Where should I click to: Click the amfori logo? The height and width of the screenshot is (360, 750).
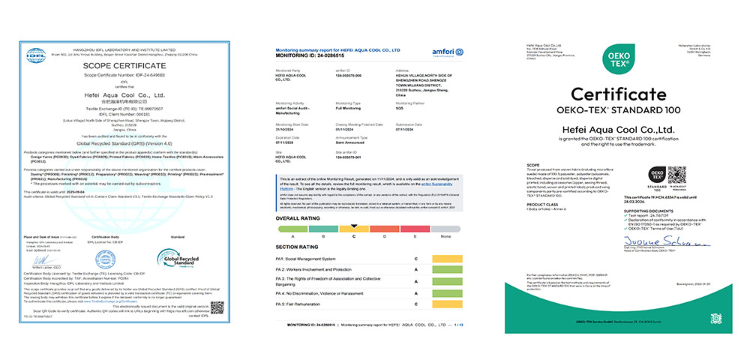[x=445, y=51]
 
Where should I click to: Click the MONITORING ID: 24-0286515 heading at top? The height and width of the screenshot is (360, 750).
[x=310, y=55]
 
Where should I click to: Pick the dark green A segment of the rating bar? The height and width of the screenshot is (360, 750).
[x=292, y=226]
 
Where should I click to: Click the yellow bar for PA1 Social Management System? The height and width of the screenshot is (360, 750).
[x=448, y=258]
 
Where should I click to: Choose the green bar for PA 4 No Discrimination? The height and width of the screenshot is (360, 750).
[x=448, y=293]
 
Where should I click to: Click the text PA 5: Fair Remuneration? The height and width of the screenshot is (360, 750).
[x=304, y=305]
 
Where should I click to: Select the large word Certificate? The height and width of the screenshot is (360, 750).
[x=618, y=94]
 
